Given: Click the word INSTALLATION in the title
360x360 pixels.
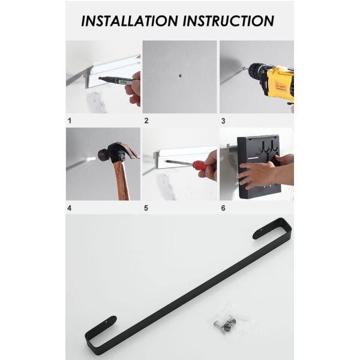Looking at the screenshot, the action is pyautogui.click(x=130, y=21).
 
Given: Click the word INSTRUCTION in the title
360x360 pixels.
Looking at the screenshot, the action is pyautogui.click(x=229, y=21).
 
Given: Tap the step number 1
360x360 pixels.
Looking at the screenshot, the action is pyautogui.click(x=70, y=121).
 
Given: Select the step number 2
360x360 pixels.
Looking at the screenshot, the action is pyautogui.click(x=146, y=121).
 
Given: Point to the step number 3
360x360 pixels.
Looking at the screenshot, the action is pyautogui.click(x=223, y=121).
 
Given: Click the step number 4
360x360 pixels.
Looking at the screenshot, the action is pyautogui.click(x=70, y=208).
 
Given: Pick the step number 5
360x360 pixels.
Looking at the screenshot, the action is pyautogui.click(x=146, y=208).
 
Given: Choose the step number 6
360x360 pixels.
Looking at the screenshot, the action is pyautogui.click(x=223, y=208).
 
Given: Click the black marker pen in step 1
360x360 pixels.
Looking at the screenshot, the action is pyautogui.click(x=116, y=80).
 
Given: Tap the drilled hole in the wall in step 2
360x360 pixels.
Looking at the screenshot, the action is pyautogui.click(x=180, y=76).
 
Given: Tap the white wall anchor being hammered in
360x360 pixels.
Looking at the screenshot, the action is pyautogui.click(x=91, y=158).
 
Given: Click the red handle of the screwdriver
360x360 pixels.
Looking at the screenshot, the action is pyautogui.click(x=200, y=165).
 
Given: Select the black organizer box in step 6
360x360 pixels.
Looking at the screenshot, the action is pyautogui.click(x=258, y=166).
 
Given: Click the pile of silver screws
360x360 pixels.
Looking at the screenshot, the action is pyautogui.click(x=225, y=324).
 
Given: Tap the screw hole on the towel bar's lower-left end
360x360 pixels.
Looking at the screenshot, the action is pyautogui.click(x=106, y=322).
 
